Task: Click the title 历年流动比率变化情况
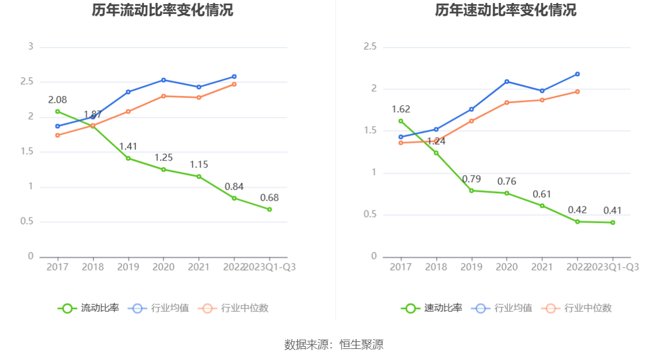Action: (162, 10)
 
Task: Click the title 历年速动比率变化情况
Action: (506, 10)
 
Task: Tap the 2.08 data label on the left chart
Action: (57, 100)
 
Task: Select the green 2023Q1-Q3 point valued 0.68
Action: (269, 209)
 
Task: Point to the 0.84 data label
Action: (234, 187)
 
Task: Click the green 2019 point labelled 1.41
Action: (128, 158)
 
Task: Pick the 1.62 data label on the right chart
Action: (401, 109)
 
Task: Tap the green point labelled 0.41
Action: (613, 223)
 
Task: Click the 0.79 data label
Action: (471, 179)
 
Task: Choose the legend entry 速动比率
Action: (432, 308)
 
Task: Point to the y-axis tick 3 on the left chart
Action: (31, 47)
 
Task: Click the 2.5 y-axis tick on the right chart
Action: (370, 47)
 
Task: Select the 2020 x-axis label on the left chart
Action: (164, 267)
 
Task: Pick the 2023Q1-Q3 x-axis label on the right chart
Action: (613, 267)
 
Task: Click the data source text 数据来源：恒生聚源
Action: (334, 344)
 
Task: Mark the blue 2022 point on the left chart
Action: (234, 76)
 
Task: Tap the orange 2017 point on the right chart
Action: (401, 142)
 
